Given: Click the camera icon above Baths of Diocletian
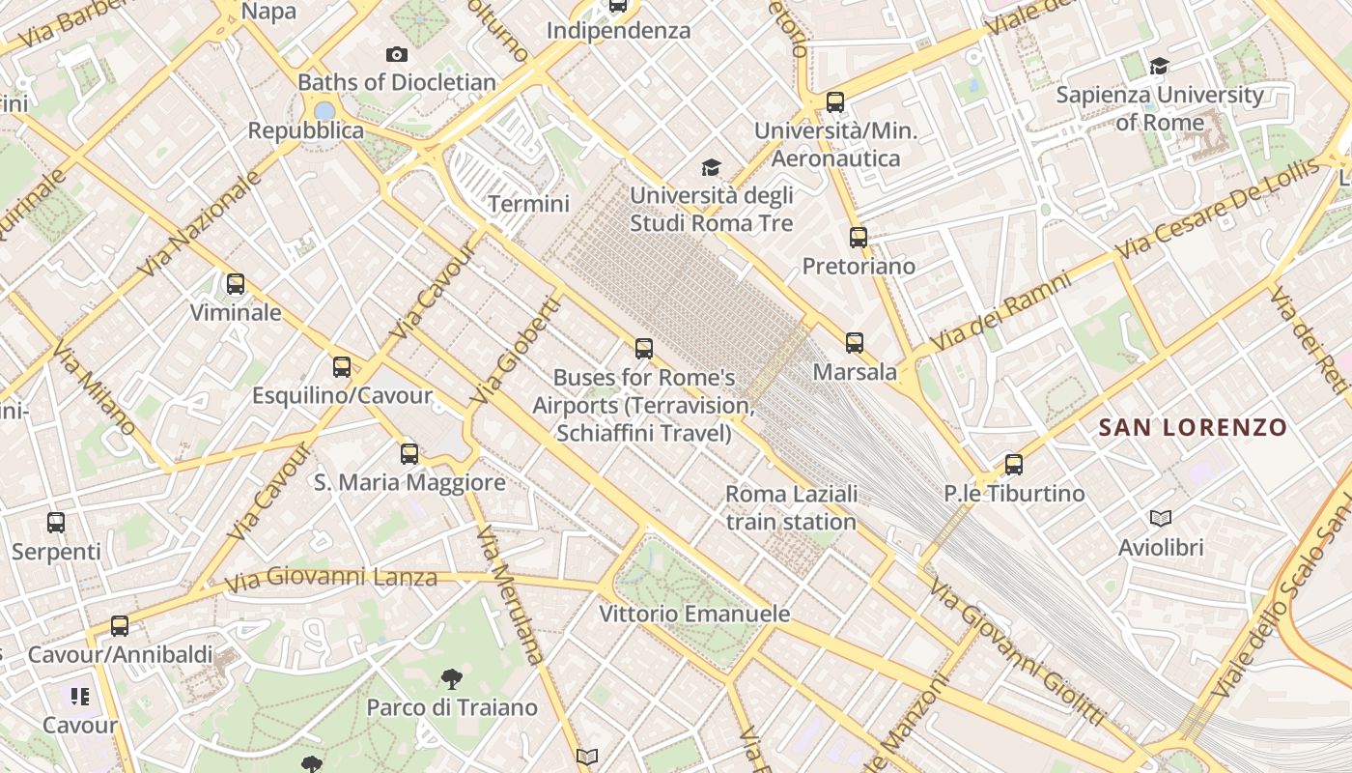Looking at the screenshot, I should (396, 55).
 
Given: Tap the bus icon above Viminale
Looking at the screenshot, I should (236, 284).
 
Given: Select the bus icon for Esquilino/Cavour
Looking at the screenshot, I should (342, 367).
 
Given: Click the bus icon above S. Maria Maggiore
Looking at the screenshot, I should (409, 453).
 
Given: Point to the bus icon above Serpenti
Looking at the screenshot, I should (56, 523).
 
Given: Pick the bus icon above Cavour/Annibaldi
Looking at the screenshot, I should (120, 626).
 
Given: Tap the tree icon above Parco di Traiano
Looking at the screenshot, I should (451, 679).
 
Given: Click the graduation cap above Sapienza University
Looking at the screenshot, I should (1159, 66).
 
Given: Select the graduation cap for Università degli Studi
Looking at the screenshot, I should (712, 167).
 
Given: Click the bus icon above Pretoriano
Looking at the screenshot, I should (859, 237).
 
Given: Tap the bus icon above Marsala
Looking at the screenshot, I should (855, 342).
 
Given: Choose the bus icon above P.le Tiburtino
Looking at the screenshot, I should (1014, 465).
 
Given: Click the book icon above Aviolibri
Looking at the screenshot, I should (1161, 519).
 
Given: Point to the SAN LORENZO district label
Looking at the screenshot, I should (1193, 427).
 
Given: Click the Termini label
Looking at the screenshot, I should (528, 204).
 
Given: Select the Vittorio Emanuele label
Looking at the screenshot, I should (694, 614).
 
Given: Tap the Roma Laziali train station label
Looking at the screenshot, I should (791, 508).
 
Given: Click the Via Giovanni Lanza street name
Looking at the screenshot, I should (331, 580).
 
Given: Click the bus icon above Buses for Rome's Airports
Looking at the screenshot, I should (644, 349).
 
